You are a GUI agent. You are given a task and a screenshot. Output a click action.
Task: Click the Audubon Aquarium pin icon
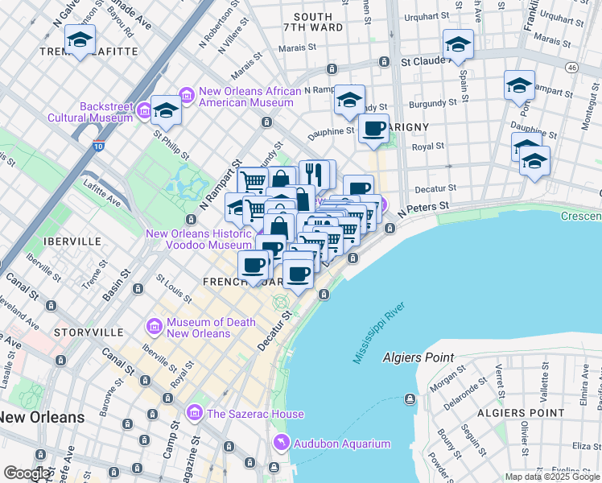click(x=280, y=443)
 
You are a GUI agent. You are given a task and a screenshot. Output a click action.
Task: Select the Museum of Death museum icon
click(x=154, y=327)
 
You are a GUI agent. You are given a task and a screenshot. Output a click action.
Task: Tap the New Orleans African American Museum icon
click(x=187, y=97)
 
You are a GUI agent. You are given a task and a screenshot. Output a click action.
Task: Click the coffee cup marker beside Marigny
click(x=373, y=128)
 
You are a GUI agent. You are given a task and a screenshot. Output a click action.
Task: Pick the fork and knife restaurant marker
click(x=315, y=174)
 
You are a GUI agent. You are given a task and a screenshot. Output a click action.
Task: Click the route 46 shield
click(x=571, y=68)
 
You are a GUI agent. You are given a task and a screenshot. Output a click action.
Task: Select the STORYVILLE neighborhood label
click(x=89, y=332)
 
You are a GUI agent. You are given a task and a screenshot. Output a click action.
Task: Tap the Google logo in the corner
click(x=27, y=473)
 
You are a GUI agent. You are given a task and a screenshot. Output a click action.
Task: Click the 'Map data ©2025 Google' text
click(x=551, y=477)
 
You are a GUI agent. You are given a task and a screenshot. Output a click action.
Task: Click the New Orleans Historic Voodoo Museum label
click(x=199, y=239)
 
